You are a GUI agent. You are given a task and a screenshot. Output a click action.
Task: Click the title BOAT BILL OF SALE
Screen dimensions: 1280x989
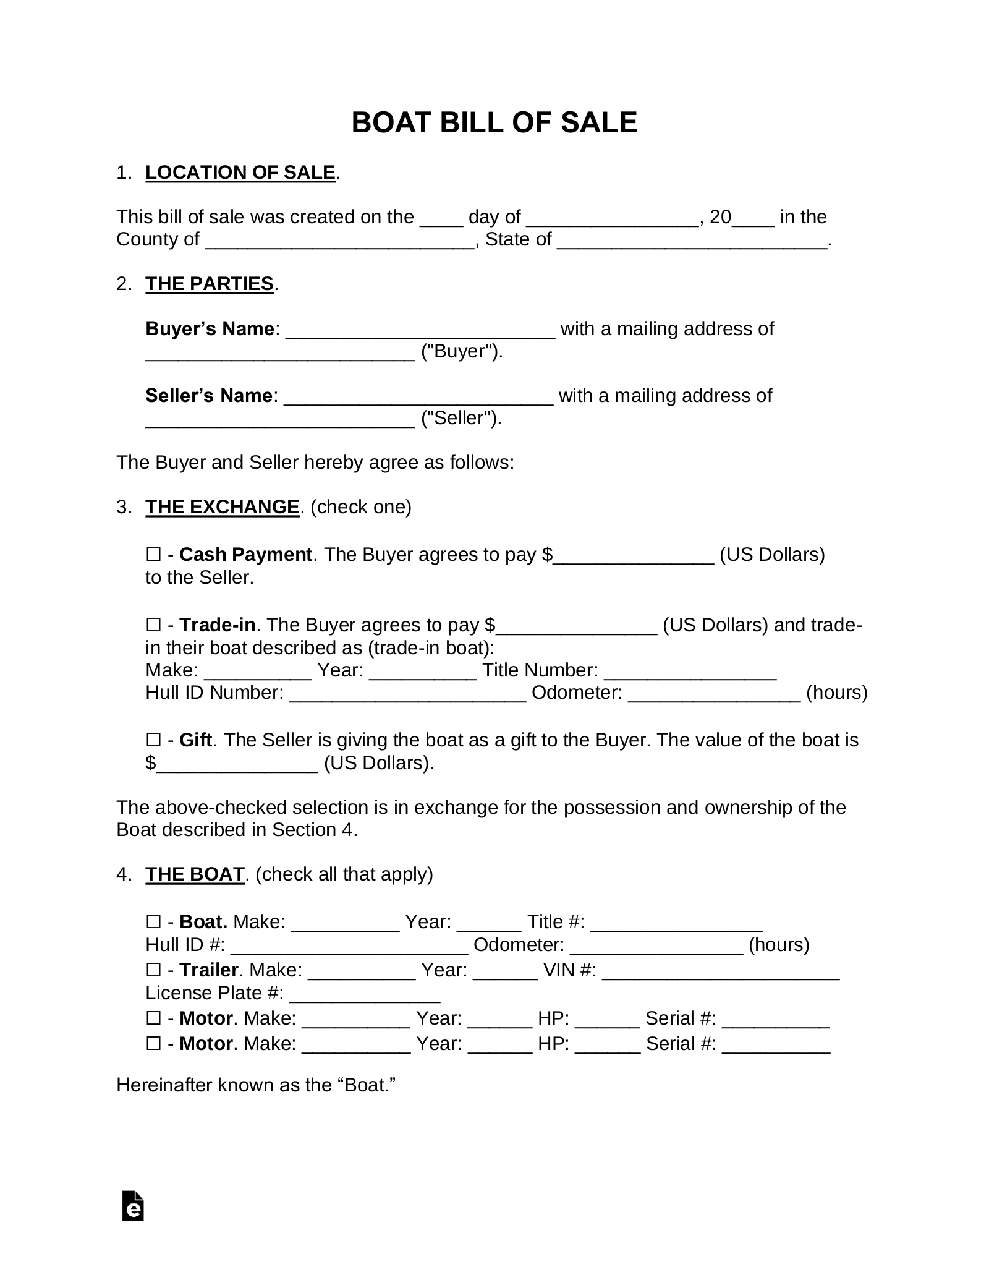(x=494, y=122)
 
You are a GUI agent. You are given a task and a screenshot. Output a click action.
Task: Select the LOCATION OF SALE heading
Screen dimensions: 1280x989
(x=240, y=173)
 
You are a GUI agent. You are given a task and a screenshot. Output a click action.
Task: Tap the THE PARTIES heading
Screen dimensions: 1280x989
(x=209, y=284)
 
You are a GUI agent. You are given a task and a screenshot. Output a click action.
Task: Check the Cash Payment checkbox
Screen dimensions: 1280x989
(x=153, y=555)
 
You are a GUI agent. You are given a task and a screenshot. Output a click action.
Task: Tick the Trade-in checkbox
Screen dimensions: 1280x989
(x=153, y=625)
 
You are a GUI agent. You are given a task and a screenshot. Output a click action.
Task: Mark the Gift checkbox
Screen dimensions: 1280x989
(x=153, y=740)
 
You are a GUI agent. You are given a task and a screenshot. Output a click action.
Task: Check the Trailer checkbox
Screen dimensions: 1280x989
(x=153, y=970)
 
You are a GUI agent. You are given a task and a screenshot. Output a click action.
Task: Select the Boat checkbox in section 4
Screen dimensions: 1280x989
(x=153, y=922)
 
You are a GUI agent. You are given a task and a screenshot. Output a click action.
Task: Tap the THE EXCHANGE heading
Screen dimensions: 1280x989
(x=222, y=507)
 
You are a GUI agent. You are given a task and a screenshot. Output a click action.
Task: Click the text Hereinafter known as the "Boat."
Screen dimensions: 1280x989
(x=255, y=1085)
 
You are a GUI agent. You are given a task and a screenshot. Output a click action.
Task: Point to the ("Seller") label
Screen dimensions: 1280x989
(x=461, y=419)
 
